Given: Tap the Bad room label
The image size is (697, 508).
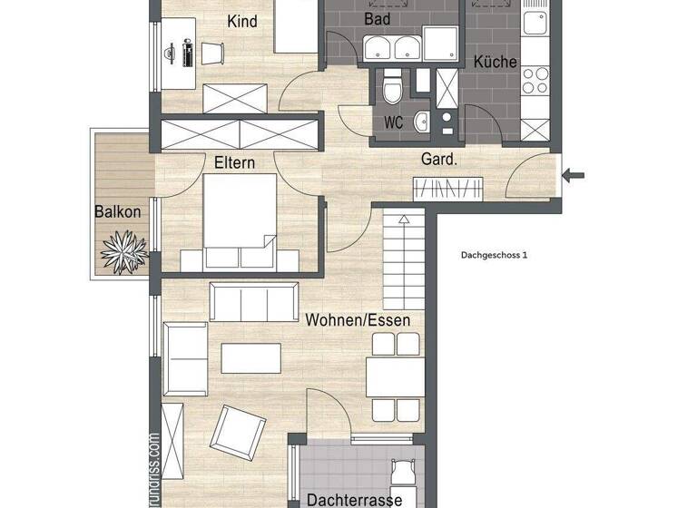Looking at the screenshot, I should click(378, 18).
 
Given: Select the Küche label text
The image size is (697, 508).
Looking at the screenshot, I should click(495, 63).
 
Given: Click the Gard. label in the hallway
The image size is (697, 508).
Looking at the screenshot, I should click(438, 159).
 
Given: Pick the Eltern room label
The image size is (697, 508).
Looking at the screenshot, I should click(234, 163).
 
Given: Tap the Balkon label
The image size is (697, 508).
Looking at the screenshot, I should click(117, 211).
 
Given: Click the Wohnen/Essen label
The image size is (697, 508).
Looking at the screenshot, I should click(358, 320).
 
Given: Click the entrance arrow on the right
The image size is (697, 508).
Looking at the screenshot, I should click(574, 175).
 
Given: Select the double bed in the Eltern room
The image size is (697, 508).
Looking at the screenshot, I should click(239, 221).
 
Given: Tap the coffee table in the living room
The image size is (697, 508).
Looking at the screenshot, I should click(250, 357).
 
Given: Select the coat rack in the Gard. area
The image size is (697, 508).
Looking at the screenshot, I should click(447, 189).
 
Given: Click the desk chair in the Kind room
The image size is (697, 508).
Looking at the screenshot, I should click(211, 54).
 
